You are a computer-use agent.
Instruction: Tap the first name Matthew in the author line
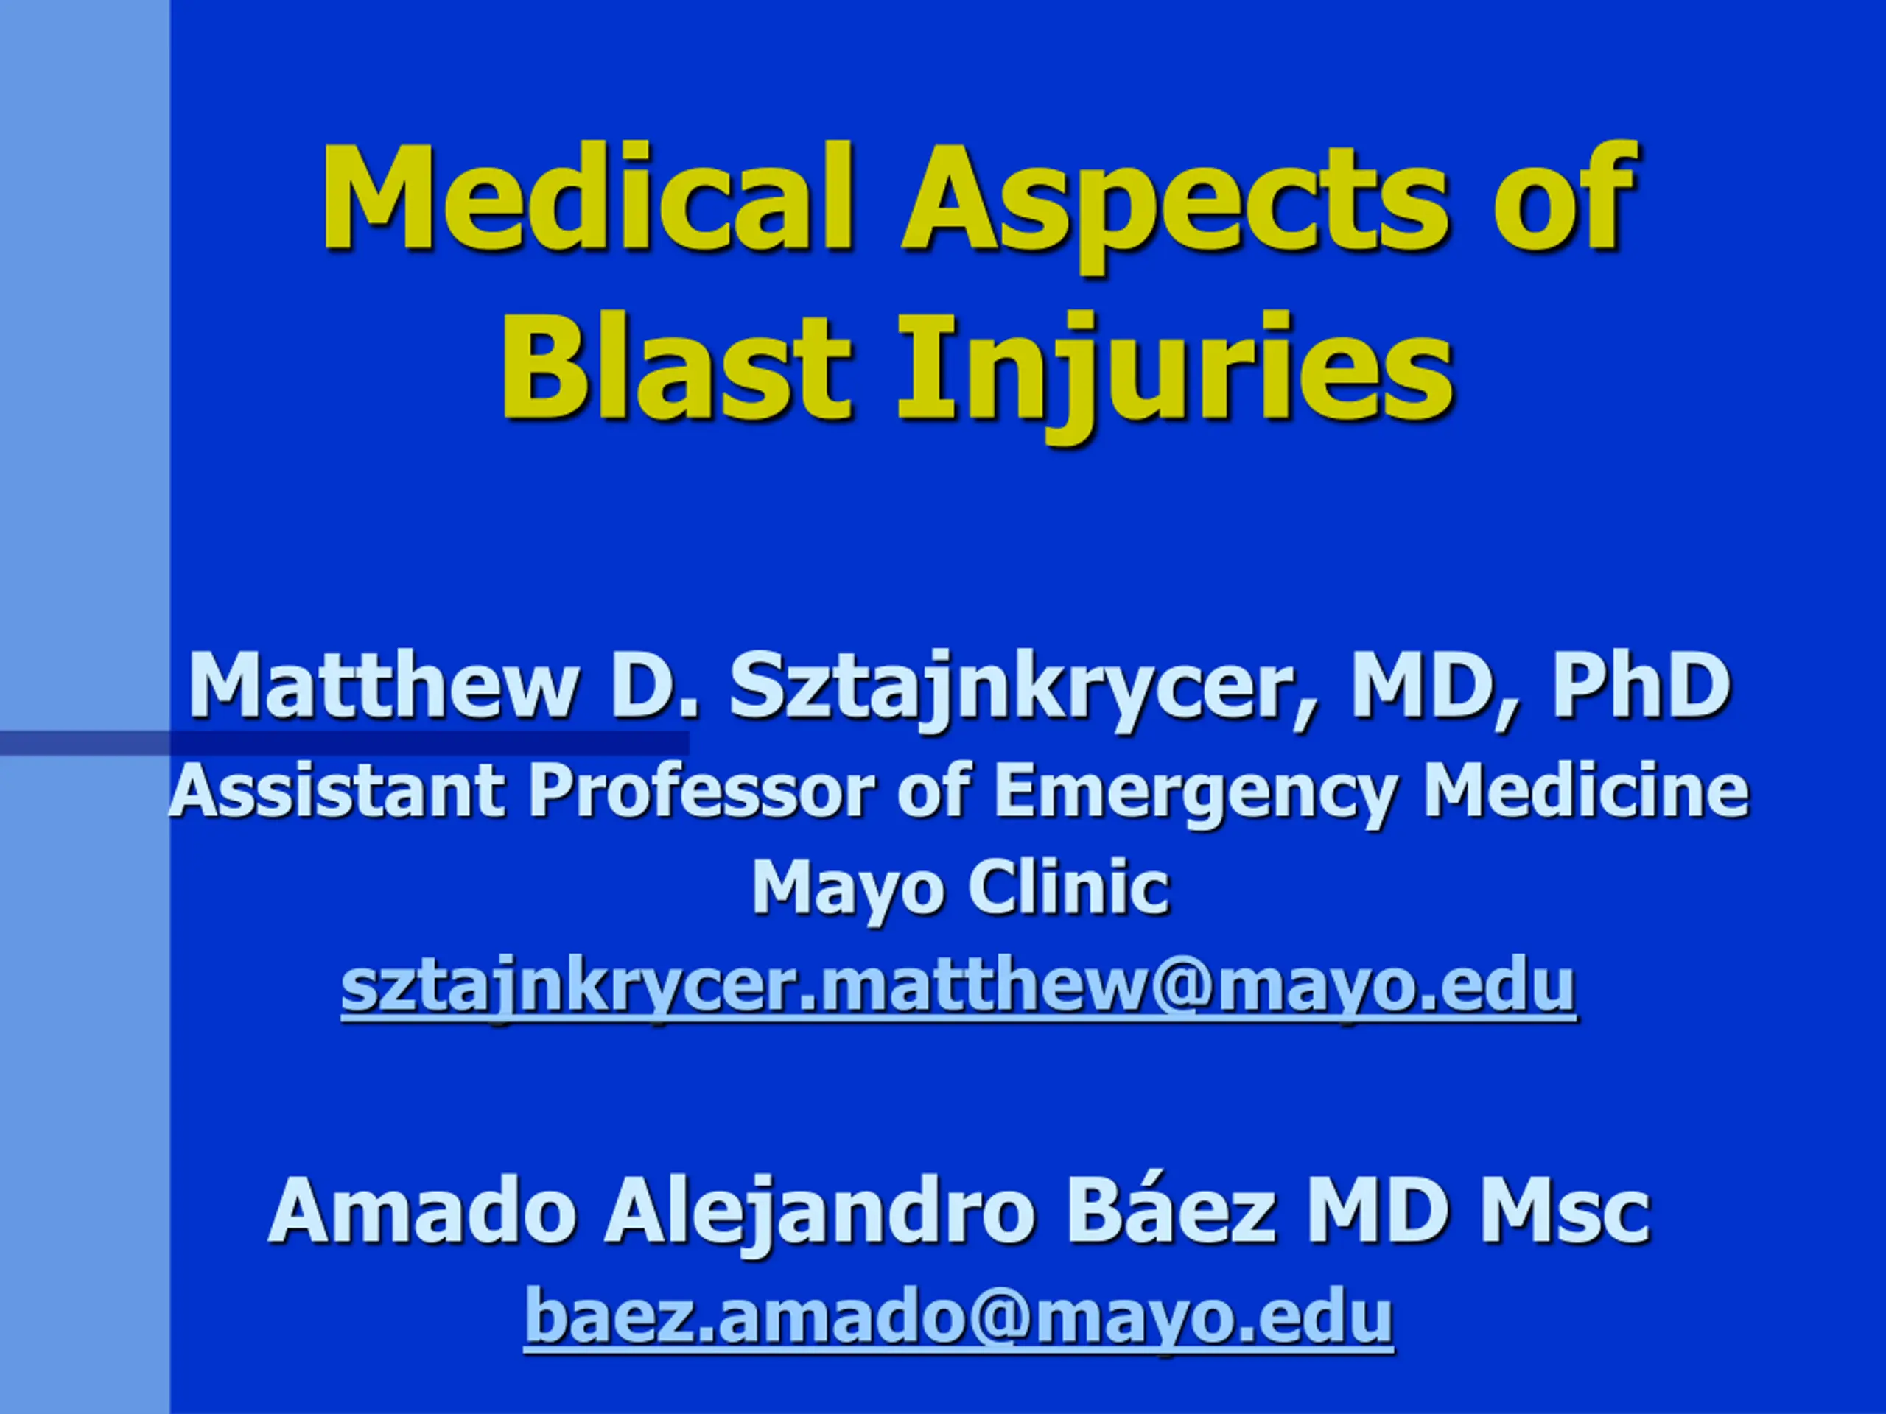coord(383,684)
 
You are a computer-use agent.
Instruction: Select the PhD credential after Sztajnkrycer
coord(1641,684)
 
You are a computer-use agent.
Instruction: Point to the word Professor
coord(701,790)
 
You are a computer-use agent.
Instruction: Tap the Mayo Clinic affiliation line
coord(960,889)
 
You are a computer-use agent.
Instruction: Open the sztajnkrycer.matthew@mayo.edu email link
coord(958,988)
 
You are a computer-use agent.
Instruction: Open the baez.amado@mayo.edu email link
coord(958,1317)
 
